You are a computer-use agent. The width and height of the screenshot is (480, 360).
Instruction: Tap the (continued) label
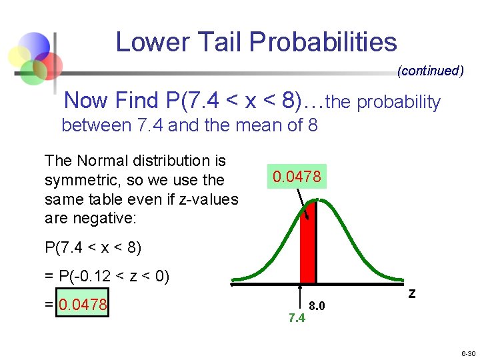coord(430,71)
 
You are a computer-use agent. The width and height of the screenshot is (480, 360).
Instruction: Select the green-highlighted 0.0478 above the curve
coord(296,177)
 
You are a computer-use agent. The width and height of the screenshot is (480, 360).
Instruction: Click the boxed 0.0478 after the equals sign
coord(82,305)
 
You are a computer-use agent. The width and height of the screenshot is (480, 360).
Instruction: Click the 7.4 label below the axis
coord(297,318)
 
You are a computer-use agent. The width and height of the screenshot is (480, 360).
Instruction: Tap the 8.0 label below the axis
coord(317,306)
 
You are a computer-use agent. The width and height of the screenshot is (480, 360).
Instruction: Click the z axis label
coord(411,293)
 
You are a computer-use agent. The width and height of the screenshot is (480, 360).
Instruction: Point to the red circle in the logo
coord(48,65)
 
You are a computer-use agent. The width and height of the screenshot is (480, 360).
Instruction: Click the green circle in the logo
coord(31,72)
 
